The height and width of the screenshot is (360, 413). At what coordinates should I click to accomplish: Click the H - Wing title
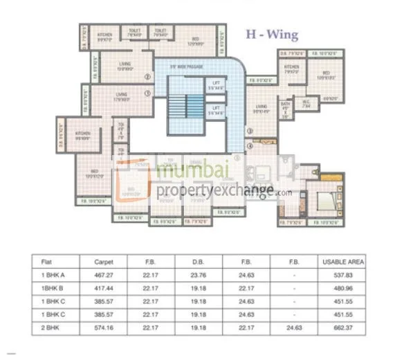click(x=273, y=33)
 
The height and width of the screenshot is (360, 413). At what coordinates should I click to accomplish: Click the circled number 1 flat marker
click(x=147, y=93)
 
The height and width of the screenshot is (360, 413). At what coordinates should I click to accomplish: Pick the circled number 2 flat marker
click(x=147, y=77)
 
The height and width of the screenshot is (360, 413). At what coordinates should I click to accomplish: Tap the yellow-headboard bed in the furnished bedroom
click(x=325, y=201)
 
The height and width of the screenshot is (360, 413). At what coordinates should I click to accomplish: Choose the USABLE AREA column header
click(x=342, y=262)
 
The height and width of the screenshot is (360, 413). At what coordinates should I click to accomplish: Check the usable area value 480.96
click(x=342, y=288)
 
